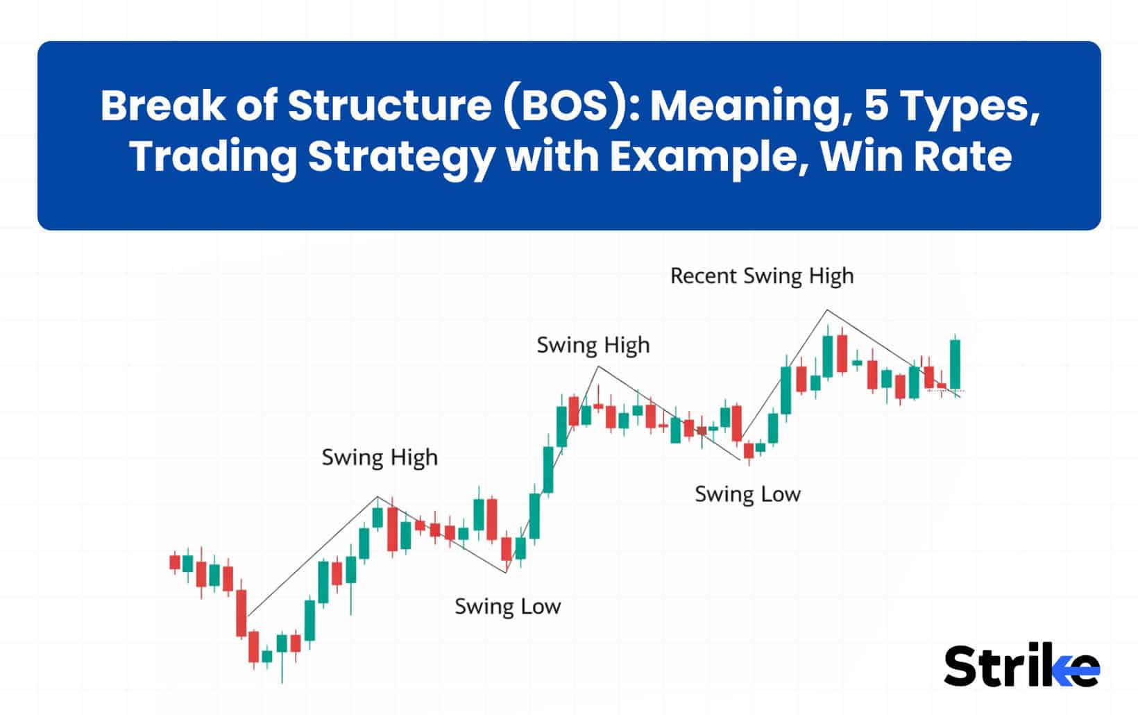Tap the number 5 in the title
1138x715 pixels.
click(x=877, y=106)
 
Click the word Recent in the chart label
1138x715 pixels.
click(x=703, y=276)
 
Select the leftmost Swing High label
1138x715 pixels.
click(x=380, y=457)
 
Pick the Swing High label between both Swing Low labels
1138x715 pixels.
click(x=593, y=345)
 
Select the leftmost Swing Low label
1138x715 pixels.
click(x=507, y=606)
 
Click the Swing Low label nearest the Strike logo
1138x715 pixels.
click(x=747, y=494)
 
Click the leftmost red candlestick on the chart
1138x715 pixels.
click(x=175, y=561)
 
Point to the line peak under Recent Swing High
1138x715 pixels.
click(x=826, y=310)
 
